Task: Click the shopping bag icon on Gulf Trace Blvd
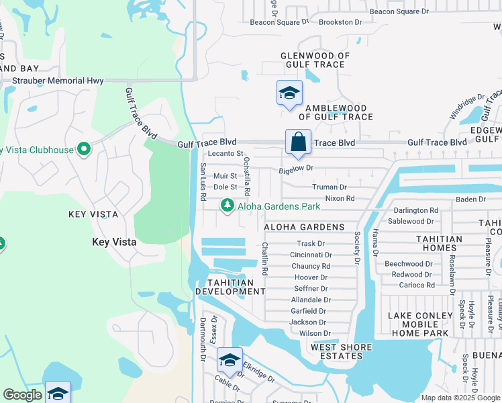(298, 142)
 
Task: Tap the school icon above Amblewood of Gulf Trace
(289, 93)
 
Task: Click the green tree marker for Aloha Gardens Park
(228, 205)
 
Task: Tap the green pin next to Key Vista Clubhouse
(84, 149)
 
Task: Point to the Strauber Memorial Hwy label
(58, 81)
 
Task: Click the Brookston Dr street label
(340, 22)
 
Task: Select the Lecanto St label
(225, 154)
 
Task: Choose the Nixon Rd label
(340, 199)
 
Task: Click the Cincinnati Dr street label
(311, 255)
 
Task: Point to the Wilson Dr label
(315, 333)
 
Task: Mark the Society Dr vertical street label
(357, 247)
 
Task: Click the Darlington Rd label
(415, 210)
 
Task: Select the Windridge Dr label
(462, 107)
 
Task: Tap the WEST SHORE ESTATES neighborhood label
(341, 347)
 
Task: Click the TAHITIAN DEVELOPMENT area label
(230, 287)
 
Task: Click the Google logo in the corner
(22, 395)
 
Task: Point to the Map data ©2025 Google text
(460, 398)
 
